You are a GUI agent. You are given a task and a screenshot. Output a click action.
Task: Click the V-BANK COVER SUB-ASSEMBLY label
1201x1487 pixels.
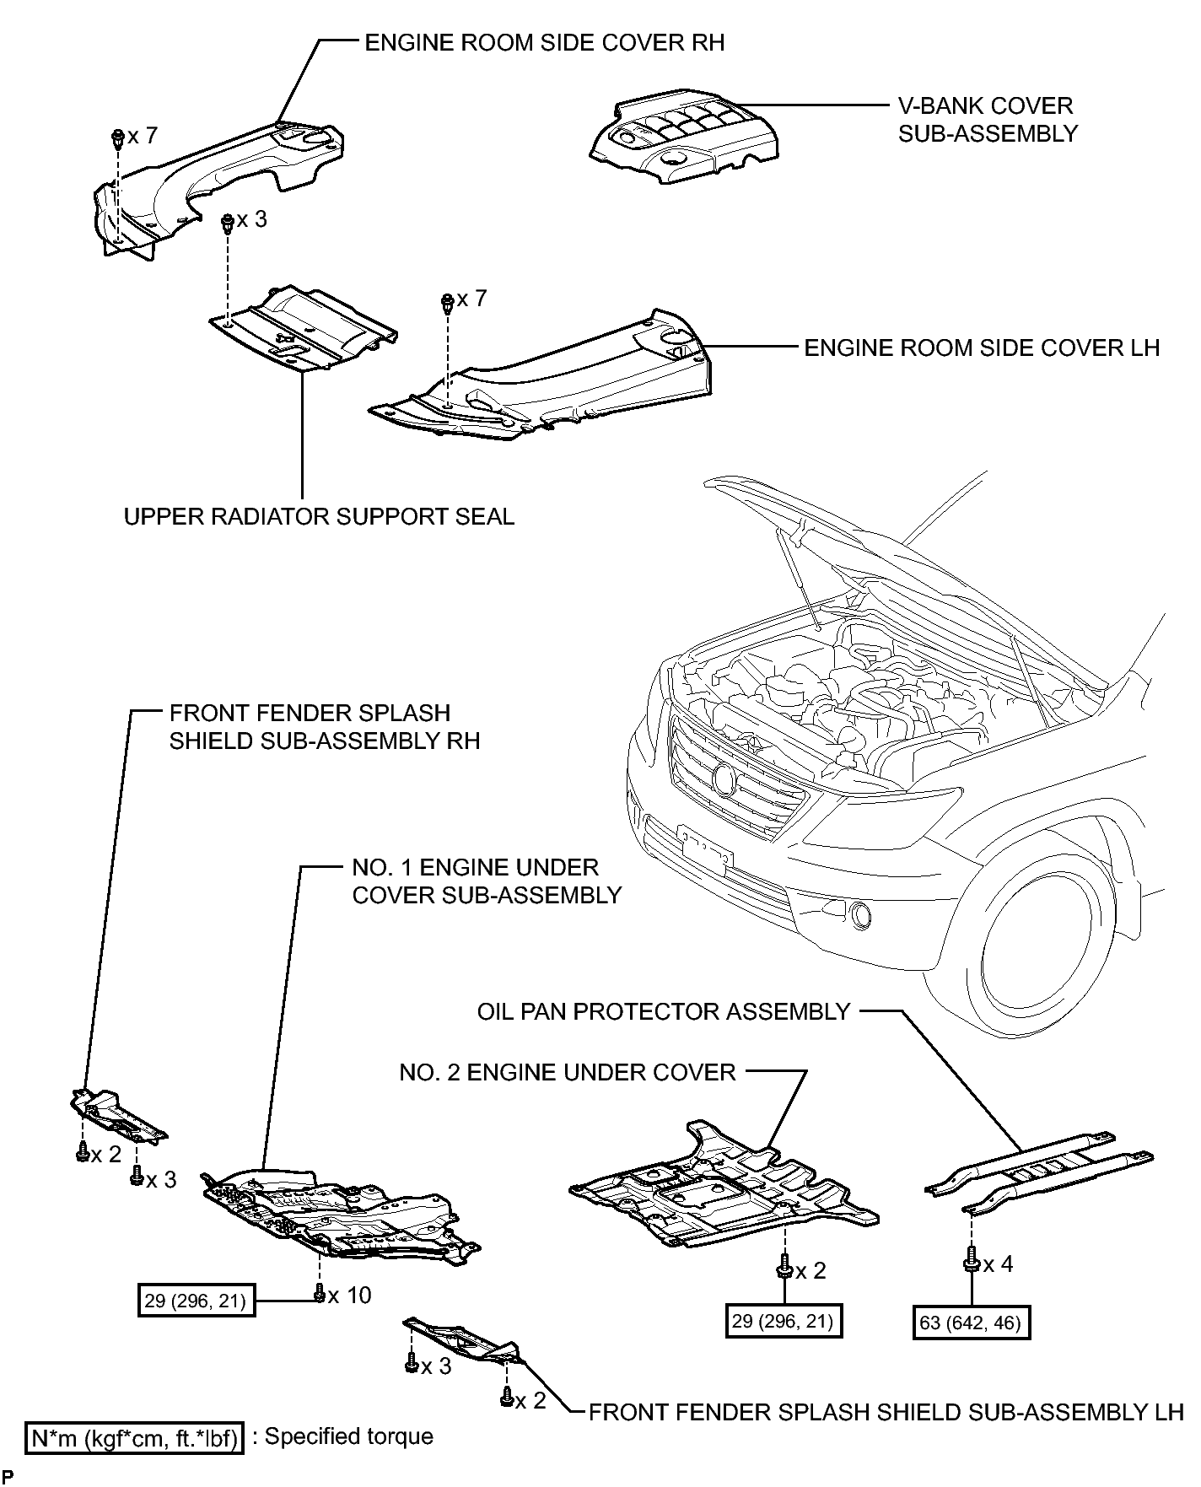point(988,120)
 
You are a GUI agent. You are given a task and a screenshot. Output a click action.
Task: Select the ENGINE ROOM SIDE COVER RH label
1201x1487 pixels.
point(544,43)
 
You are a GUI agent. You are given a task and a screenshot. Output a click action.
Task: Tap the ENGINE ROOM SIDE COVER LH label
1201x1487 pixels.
point(982,348)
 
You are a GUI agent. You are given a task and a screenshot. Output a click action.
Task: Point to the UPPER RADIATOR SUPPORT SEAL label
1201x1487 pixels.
point(319,516)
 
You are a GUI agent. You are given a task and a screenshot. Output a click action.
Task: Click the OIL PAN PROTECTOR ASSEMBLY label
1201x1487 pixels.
point(664,1011)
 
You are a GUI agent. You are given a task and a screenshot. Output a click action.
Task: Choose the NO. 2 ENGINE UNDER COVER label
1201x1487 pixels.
point(568,1072)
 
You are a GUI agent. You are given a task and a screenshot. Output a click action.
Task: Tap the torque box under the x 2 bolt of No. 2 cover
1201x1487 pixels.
point(784,1320)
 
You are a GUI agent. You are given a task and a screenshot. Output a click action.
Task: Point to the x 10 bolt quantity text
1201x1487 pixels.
point(349,1295)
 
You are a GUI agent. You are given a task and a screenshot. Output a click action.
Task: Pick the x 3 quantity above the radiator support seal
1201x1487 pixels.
point(251,219)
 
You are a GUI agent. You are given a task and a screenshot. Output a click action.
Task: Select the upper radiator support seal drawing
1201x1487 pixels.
point(304,329)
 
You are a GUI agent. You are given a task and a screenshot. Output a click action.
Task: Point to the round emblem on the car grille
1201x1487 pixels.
point(724,779)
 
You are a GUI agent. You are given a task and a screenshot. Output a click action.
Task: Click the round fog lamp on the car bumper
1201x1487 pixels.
point(861,915)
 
